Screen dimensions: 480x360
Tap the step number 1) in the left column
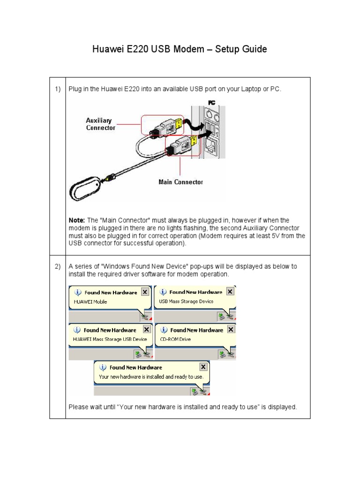(x=57, y=89)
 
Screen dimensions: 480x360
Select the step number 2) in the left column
(x=57, y=266)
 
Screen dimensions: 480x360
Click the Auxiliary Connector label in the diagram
(x=98, y=124)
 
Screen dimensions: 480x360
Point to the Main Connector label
(x=180, y=182)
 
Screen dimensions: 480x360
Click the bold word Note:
(x=76, y=220)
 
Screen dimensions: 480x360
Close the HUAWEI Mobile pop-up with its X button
(x=145, y=292)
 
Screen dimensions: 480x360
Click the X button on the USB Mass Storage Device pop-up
(x=230, y=292)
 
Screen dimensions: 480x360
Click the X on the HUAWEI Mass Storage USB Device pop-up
(x=145, y=330)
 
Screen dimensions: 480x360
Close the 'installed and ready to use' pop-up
(x=203, y=367)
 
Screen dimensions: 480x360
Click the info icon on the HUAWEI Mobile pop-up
(x=78, y=292)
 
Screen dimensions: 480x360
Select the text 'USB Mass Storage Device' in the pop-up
(x=186, y=301)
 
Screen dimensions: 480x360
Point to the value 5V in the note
(x=270, y=236)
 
